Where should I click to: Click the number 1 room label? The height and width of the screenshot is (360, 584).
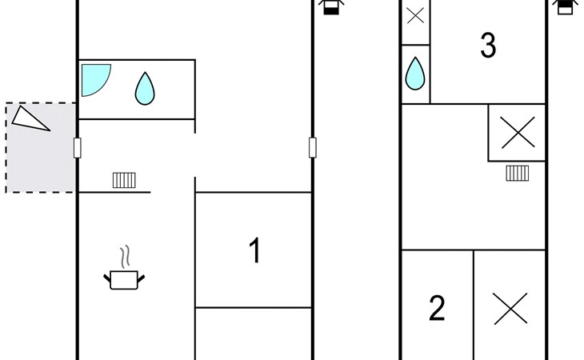click(x=254, y=250)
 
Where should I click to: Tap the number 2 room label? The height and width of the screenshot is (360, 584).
click(x=437, y=308)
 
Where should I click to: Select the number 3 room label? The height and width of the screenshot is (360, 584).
click(x=488, y=45)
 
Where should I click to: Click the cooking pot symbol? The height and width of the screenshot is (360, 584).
click(x=124, y=279)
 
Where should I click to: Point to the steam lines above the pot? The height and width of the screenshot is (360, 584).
click(x=126, y=257)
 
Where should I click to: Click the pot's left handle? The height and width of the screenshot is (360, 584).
click(x=107, y=278)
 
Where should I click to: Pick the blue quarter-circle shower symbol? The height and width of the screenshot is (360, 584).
click(x=95, y=80)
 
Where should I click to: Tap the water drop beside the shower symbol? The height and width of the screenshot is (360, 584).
click(x=145, y=88)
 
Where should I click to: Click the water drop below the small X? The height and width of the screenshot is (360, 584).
click(x=415, y=74)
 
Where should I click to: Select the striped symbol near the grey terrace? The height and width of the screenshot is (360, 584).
click(x=124, y=180)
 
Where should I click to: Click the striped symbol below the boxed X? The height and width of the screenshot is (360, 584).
click(x=518, y=173)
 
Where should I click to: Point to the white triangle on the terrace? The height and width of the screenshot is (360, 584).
click(x=29, y=119)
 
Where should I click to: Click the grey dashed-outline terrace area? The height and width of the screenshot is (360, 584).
click(x=41, y=148)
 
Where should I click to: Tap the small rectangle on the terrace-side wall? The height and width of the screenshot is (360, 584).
click(x=78, y=148)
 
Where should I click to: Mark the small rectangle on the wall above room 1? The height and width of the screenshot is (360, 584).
click(x=313, y=147)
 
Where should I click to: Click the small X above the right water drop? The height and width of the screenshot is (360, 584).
click(x=415, y=16)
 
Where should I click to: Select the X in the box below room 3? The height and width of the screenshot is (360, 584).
click(x=518, y=133)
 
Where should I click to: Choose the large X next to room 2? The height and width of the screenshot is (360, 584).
click(x=510, y=308)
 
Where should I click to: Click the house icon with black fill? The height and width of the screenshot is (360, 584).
click(x=331, y=6)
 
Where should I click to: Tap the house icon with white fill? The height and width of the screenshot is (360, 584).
click(x=565, y=6)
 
